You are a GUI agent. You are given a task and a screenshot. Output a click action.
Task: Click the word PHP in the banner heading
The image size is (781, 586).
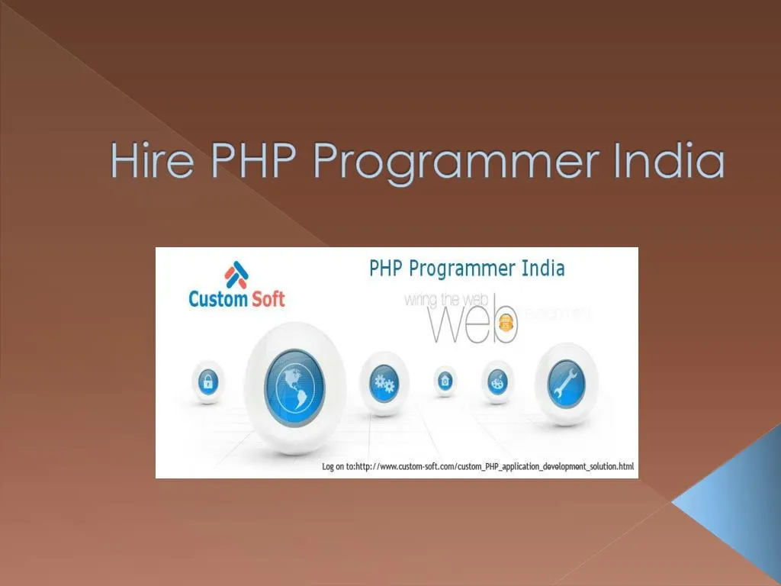[x=387, y=269]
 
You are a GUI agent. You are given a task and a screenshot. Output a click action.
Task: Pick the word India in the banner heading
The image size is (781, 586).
[x=543, y=269]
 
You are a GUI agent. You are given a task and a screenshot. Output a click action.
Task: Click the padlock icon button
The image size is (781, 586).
[x=207, y=382]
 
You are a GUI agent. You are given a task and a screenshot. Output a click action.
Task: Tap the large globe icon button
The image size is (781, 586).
[x=294, y=385]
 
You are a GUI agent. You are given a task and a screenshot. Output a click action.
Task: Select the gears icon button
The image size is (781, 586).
[x=384, y=383]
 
